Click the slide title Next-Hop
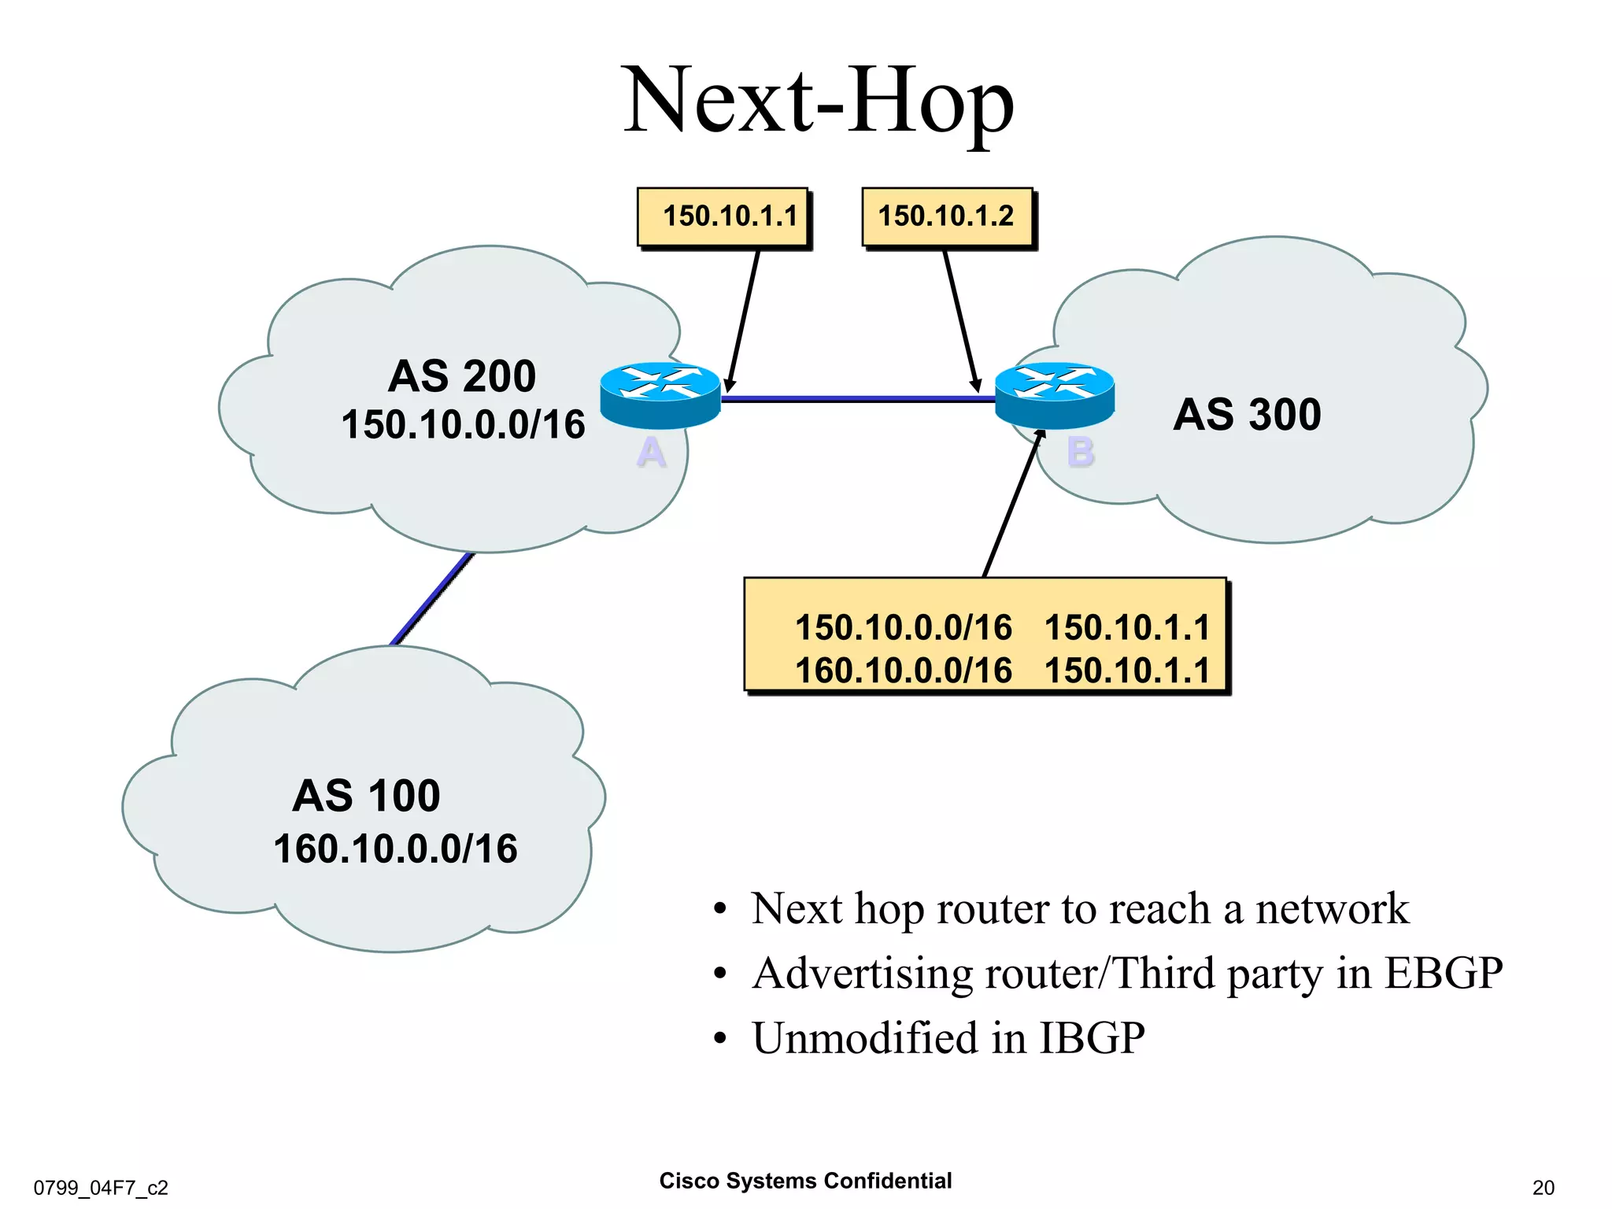pos(819,102)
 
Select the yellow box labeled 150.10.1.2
pos(947,216)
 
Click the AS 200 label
pos(462,376)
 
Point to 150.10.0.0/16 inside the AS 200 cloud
pos(463,425)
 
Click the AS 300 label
pos(1247,415)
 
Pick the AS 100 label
pos(366,796)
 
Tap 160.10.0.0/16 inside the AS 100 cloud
pos(395,849)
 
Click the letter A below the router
pos(651,453)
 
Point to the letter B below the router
pos(1081,453)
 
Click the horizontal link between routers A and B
pos(858,399)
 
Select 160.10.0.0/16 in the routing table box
pos(904,671)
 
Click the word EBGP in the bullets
pos(1443,973)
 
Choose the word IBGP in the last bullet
pos(1092,1037)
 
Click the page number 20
pos(1543,1187)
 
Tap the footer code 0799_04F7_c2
pos(101,1187)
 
